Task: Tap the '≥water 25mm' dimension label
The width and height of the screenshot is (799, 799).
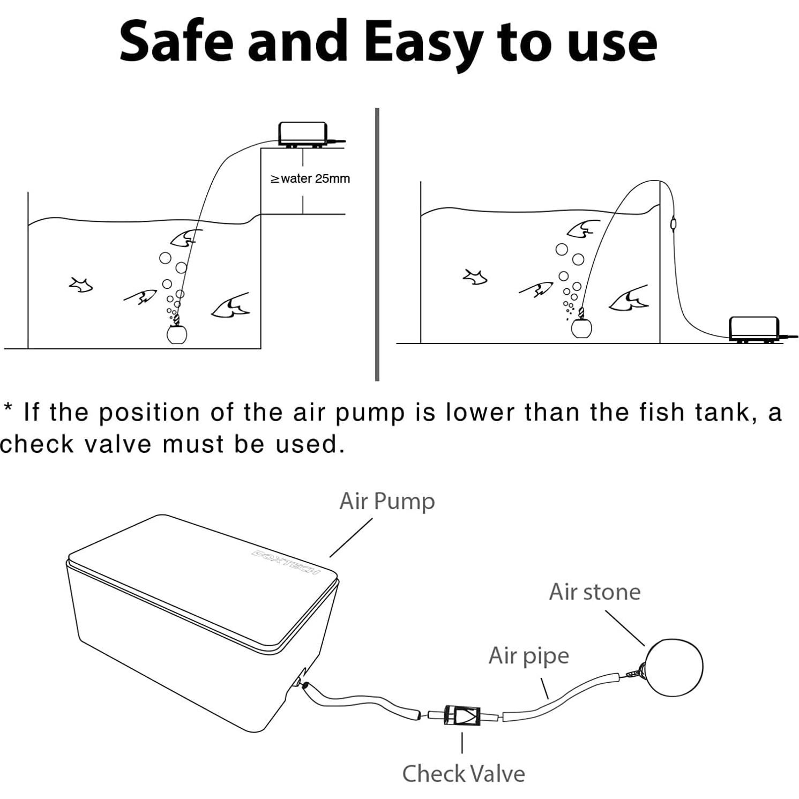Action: point(310,178)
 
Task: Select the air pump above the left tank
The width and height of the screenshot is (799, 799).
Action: point(303,134)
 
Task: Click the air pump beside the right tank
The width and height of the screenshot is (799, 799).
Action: point(754,328)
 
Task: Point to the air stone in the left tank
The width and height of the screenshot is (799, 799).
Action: point(176,333)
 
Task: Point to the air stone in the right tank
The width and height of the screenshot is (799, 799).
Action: point(581,327)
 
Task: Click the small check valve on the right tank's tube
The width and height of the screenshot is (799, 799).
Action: point(673,222)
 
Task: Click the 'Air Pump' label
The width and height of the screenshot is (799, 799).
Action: point(387,501)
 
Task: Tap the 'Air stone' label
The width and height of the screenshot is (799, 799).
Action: point(594,592)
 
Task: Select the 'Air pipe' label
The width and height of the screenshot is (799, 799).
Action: point(528,655)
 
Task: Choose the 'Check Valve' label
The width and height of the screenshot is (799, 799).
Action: point(464,773)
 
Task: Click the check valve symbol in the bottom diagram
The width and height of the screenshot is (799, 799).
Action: point(462,716)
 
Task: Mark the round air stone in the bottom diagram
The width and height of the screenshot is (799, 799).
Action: point(674,667)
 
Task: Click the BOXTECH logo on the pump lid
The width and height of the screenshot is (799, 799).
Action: point(286,561)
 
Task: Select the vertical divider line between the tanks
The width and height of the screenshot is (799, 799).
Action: point(377,244)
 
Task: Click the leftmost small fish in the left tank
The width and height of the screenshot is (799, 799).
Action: point(81,285)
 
